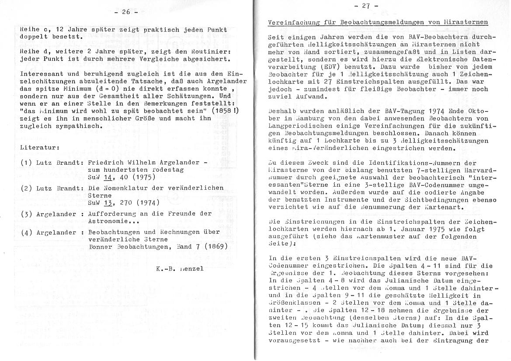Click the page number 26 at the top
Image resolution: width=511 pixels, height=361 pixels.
tap(125, 13)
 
